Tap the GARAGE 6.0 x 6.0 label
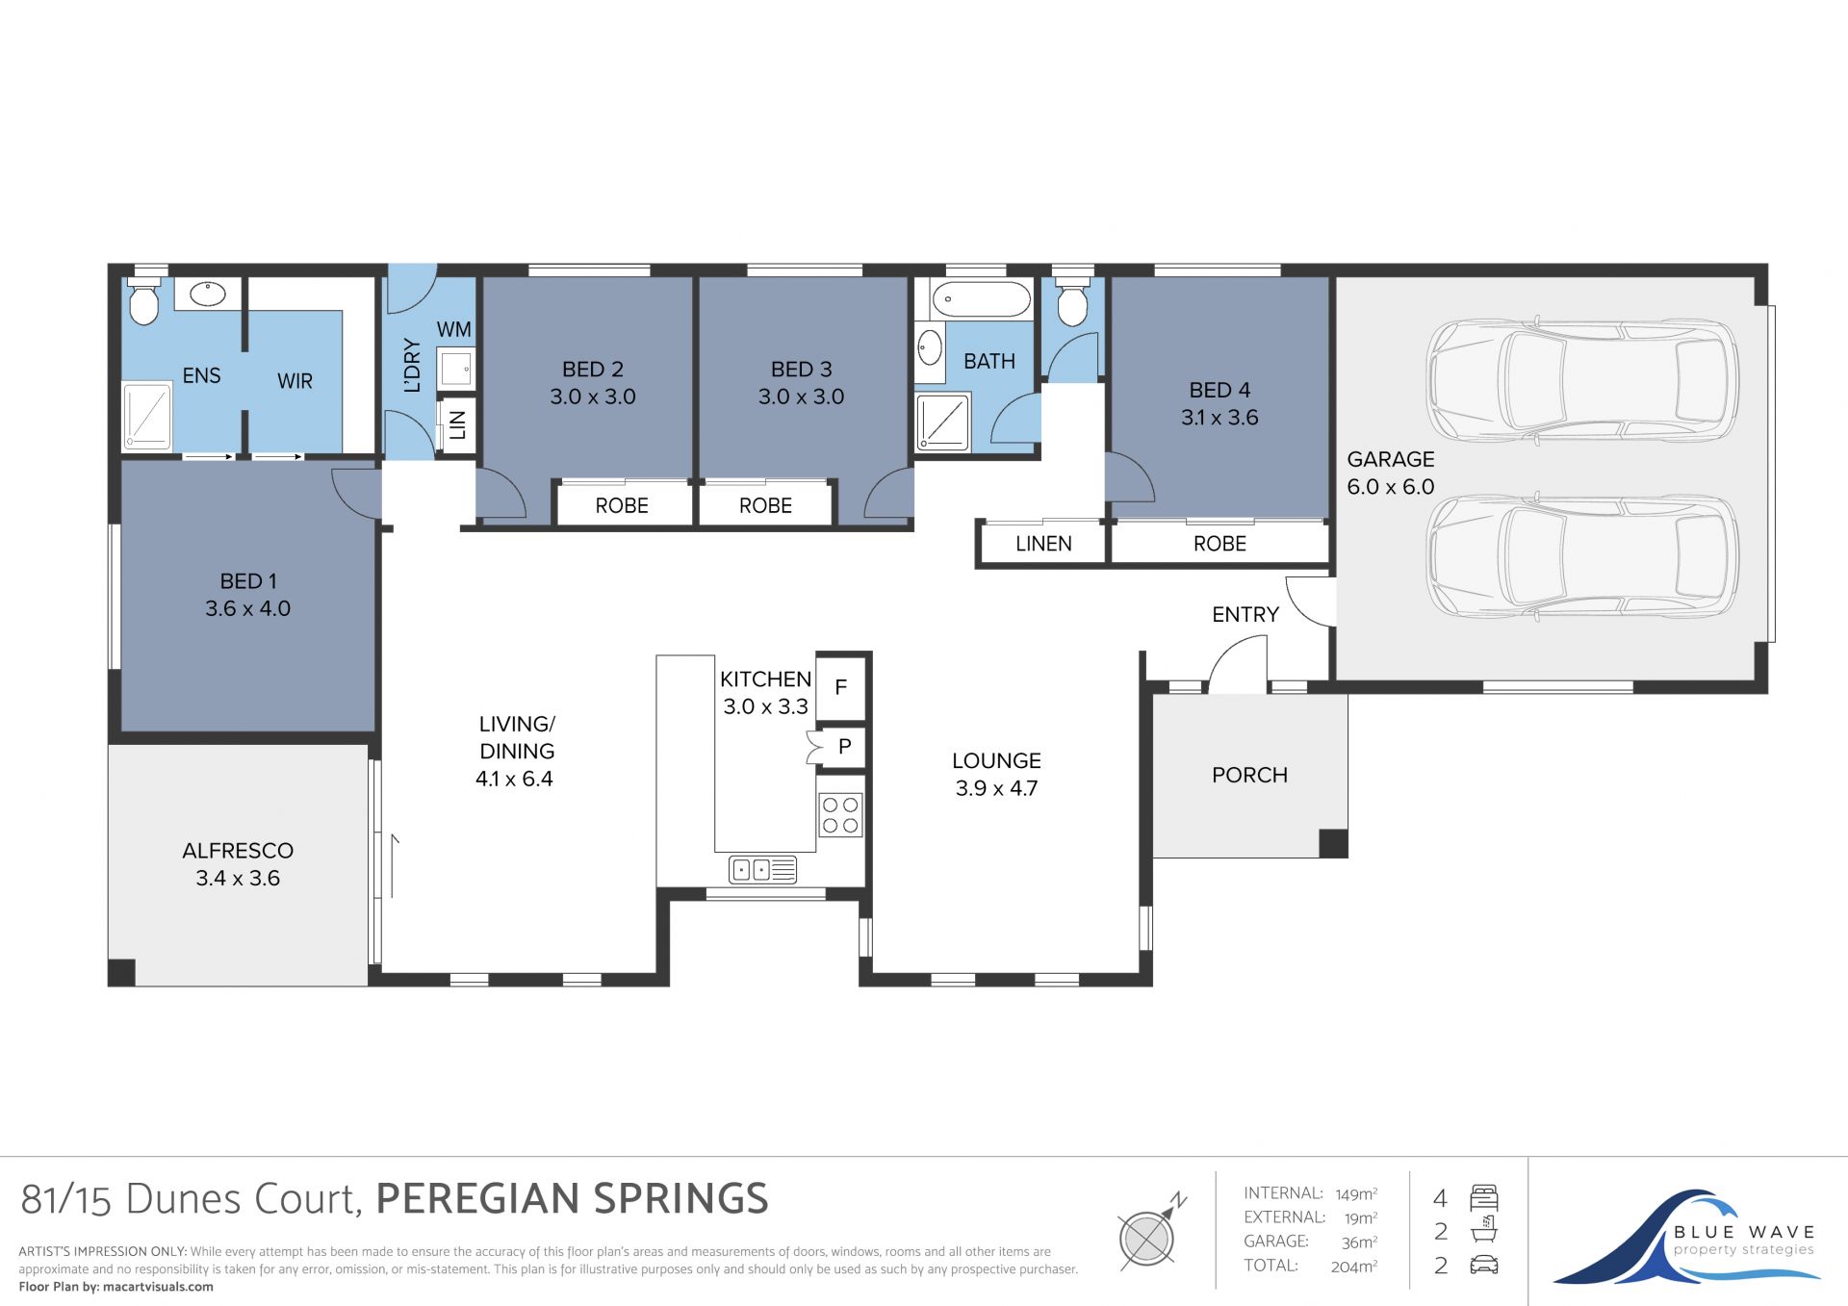(x=1390, y=473)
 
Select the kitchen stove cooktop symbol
(x=840, y=814)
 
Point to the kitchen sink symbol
(x=762, y=870)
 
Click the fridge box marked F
(x=841, y=686)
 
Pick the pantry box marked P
(x=843, y=746)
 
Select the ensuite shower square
(x=147, y=416)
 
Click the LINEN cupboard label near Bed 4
(x=1043, y=544)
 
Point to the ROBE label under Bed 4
(x=1219, y=544)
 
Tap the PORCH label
(x=1249, y=775)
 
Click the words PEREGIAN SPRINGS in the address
(x=572, y=1199)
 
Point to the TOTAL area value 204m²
(x=1353, y=1267)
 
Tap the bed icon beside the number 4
(x=1484, y=1198)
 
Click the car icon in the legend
(x=1484, y=1265)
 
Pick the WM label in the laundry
(x=454, y=329)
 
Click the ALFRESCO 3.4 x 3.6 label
(x=238, y=864)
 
